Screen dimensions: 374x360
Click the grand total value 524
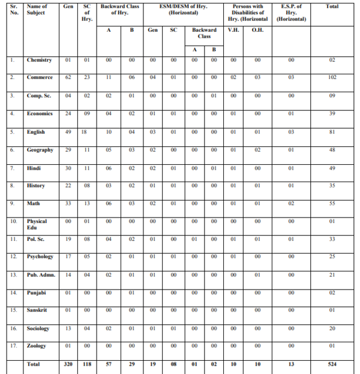[332, 363]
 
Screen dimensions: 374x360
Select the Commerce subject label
[40, 77]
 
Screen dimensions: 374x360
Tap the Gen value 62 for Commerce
[68, 77]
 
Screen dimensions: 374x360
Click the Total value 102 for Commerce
[332, 77]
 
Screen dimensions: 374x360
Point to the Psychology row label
[40, 257]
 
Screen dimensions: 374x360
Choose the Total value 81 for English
[332, 131]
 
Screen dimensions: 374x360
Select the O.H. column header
[257, 29]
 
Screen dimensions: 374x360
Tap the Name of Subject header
[37, 9]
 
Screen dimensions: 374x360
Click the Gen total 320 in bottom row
[68, 363]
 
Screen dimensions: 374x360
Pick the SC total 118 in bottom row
[86, 363]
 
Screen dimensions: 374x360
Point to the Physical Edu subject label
[37, 224]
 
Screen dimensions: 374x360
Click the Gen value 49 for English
[68, 131]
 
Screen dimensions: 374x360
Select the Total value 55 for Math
[332, 203]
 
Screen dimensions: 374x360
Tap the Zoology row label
[37, 346]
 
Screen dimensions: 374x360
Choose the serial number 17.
[13, 346]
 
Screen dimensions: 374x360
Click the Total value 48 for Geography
[332, 149]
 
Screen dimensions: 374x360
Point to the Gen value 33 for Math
[68, 203]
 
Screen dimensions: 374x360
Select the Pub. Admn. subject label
[40, 275]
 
